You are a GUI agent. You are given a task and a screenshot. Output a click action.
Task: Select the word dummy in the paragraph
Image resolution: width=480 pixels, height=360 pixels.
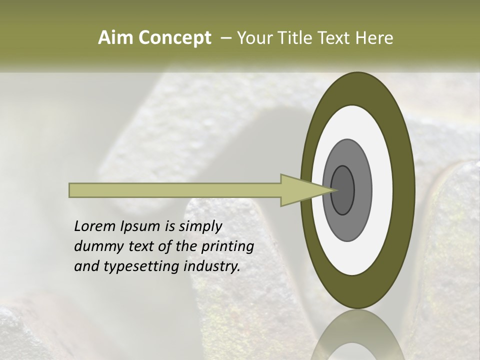95,246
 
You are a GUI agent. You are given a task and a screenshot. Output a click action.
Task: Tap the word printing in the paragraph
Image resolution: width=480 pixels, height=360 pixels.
227,247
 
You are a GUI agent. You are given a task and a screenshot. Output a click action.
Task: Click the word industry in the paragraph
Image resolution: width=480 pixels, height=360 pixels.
212,267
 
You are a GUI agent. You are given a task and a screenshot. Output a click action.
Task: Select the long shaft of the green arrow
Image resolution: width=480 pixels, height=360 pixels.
175,190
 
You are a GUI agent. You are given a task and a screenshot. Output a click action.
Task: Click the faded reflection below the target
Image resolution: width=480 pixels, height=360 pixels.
358,340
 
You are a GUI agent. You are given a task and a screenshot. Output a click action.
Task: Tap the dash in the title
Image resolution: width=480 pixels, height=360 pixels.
225,38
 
